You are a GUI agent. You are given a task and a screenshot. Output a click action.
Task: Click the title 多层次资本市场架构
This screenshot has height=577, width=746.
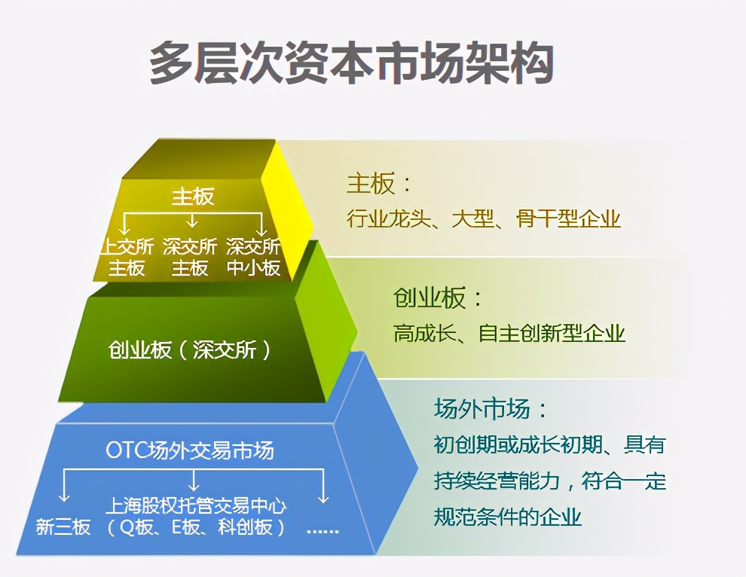[351, 62]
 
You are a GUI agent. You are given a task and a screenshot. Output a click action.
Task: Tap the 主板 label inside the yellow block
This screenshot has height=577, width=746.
[193, 197]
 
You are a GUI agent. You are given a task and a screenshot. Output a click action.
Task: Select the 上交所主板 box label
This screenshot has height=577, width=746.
[127, 257]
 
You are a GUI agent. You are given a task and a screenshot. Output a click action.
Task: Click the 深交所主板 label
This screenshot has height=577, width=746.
[190, 257]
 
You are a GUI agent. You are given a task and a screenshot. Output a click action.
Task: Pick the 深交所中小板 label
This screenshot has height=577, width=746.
[253, 257]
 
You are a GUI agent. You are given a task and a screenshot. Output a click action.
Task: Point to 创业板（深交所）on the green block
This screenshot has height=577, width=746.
[189, 350]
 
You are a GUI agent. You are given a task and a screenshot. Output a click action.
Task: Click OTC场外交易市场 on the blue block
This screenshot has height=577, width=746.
[189, 450]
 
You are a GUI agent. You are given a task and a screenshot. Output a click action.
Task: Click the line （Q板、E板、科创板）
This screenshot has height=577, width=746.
[195, 527]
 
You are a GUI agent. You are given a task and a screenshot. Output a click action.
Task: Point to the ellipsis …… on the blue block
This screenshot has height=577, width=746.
[323, 529]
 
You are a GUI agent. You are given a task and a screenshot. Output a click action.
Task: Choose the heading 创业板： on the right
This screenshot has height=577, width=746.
[438, 298]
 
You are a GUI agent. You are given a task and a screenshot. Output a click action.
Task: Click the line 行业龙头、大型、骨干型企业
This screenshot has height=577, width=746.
[483, 219]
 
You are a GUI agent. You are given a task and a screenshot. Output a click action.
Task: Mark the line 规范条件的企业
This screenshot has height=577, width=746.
[507, 517]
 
